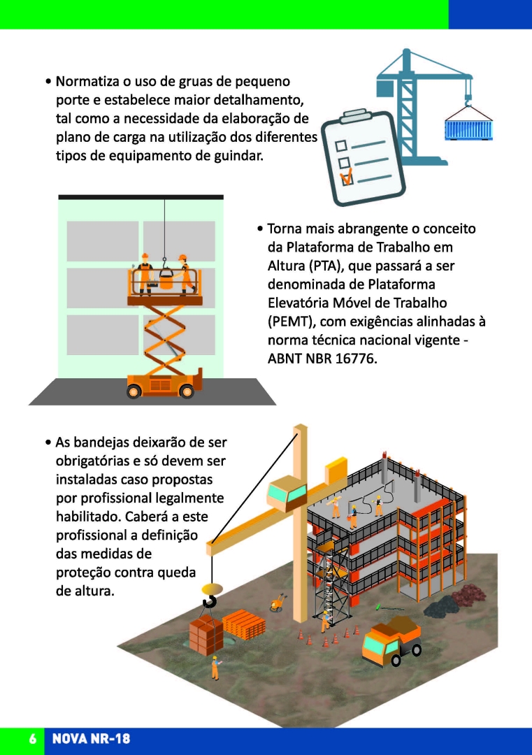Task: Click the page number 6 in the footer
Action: pos(32,739)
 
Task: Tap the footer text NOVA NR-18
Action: pos(91,739)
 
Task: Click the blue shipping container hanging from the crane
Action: pos(468,130)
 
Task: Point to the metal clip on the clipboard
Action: pos(359,115)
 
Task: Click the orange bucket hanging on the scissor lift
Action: pos(166,279)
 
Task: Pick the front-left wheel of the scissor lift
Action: pos(134,391)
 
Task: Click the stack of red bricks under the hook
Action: pos(206,635)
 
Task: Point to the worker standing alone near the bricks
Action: pos(215,668)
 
